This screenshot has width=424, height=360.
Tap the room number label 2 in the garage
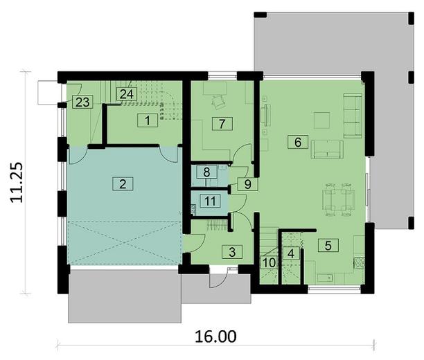(x=122, y=184)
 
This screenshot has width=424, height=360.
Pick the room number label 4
(x=292, y=253)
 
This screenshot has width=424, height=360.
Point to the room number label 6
(x=297, y=143)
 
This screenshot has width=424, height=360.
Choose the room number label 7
(x=221, y=125)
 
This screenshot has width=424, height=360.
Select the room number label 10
(x=268, y=263)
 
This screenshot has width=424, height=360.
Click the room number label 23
(x=82, y=102)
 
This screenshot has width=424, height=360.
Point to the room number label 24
(x=126, y=94)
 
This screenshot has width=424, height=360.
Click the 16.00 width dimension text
(x=216, y=337)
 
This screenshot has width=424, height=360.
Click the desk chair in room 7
(x=218, y=101)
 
